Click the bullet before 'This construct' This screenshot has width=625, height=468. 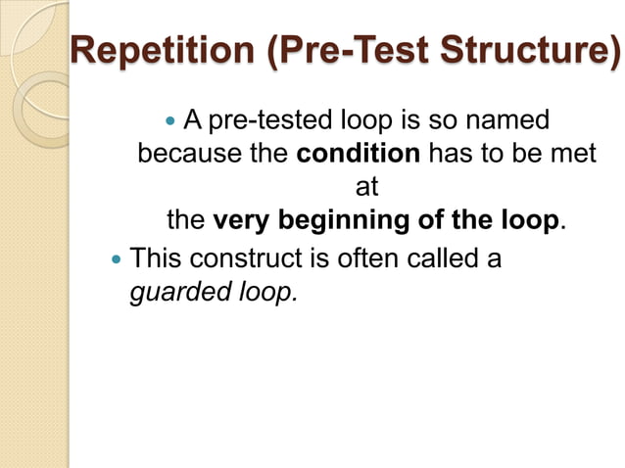[x=119, y=259]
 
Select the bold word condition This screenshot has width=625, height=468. [x=358, y=155]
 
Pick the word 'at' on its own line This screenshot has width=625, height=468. [x=365, y=187]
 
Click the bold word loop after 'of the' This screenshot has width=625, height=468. [x=529, y=220]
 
